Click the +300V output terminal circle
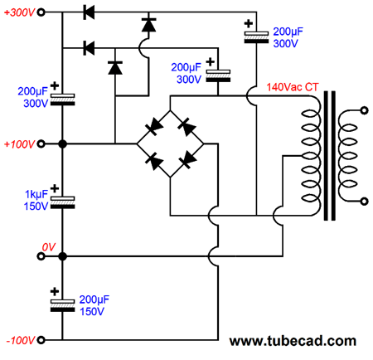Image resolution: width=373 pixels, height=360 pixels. pos(41,12)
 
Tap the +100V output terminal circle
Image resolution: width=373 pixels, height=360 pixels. pos(41,144)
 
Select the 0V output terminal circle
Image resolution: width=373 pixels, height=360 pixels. pos(41,256)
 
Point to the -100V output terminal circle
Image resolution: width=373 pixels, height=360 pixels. pos(41,340)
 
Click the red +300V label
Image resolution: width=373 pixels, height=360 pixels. pos(19,12)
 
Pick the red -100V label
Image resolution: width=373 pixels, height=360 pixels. pos(21,340)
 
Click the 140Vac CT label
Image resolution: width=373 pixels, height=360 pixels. pos(293,87)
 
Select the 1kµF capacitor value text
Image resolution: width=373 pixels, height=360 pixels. pos(36,194)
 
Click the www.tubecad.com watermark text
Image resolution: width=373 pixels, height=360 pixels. pos(293,341)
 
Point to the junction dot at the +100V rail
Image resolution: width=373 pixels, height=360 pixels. pos(63,144)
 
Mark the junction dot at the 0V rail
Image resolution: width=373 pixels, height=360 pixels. pos(63,256)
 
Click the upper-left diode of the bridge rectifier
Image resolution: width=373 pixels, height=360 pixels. pos(154,127)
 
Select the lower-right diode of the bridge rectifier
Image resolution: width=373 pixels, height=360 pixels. pos(188,159)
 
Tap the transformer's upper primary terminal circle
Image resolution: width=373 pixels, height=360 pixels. pos(365,110)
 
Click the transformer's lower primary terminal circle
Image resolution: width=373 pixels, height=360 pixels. pos(365,202)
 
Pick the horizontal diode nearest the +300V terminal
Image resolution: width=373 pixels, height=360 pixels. pos(89,12)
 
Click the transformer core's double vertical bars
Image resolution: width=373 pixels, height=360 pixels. pos(330,156)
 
